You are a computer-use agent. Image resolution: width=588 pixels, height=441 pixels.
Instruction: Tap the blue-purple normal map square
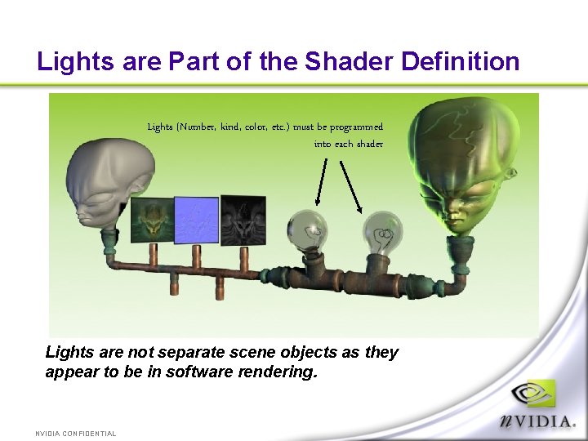tap(197, 220)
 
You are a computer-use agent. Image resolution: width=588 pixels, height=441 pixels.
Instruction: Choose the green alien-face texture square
tap(153, 220)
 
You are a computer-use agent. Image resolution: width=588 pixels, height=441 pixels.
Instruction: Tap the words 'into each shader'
tap(349, 144)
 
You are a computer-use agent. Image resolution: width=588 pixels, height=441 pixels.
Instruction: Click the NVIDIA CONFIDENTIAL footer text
tap(75, 434)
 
